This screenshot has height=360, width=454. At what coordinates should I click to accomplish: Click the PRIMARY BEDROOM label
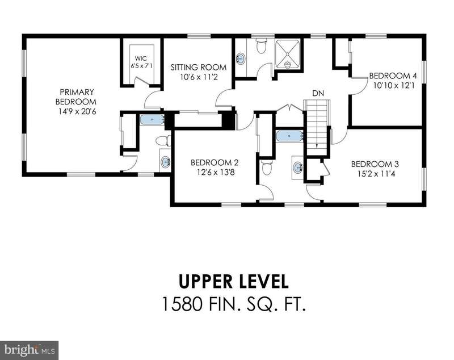76,97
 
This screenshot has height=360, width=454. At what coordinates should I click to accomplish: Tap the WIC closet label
141,58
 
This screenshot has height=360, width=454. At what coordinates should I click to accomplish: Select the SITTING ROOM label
198,67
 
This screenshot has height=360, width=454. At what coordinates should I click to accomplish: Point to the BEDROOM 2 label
215,163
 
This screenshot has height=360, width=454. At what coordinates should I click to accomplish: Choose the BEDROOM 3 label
375,164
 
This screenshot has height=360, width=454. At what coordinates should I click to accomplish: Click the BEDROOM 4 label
393,76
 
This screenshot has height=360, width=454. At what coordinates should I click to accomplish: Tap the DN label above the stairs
318,93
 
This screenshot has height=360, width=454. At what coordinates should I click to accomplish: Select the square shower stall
288,55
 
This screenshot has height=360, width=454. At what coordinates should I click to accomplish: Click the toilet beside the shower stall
262,47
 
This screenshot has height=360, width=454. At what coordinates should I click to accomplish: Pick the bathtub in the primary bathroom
152,120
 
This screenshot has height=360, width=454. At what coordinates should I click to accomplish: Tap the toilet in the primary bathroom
163,141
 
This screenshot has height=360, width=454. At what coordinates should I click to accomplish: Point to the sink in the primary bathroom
165,161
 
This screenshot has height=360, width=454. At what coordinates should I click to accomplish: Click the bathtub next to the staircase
289,136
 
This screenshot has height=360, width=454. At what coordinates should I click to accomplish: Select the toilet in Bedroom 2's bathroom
266,168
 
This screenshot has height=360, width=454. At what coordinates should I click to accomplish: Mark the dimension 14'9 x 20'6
77,111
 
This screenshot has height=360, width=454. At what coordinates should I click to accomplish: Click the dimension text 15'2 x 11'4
375,174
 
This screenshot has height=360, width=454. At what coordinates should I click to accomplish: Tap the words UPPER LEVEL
234,282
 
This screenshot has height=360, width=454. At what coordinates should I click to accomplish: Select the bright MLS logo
30,350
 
